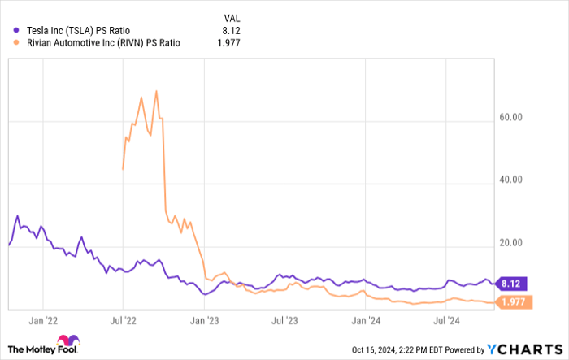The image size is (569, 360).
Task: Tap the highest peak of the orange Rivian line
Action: pos(155,91)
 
